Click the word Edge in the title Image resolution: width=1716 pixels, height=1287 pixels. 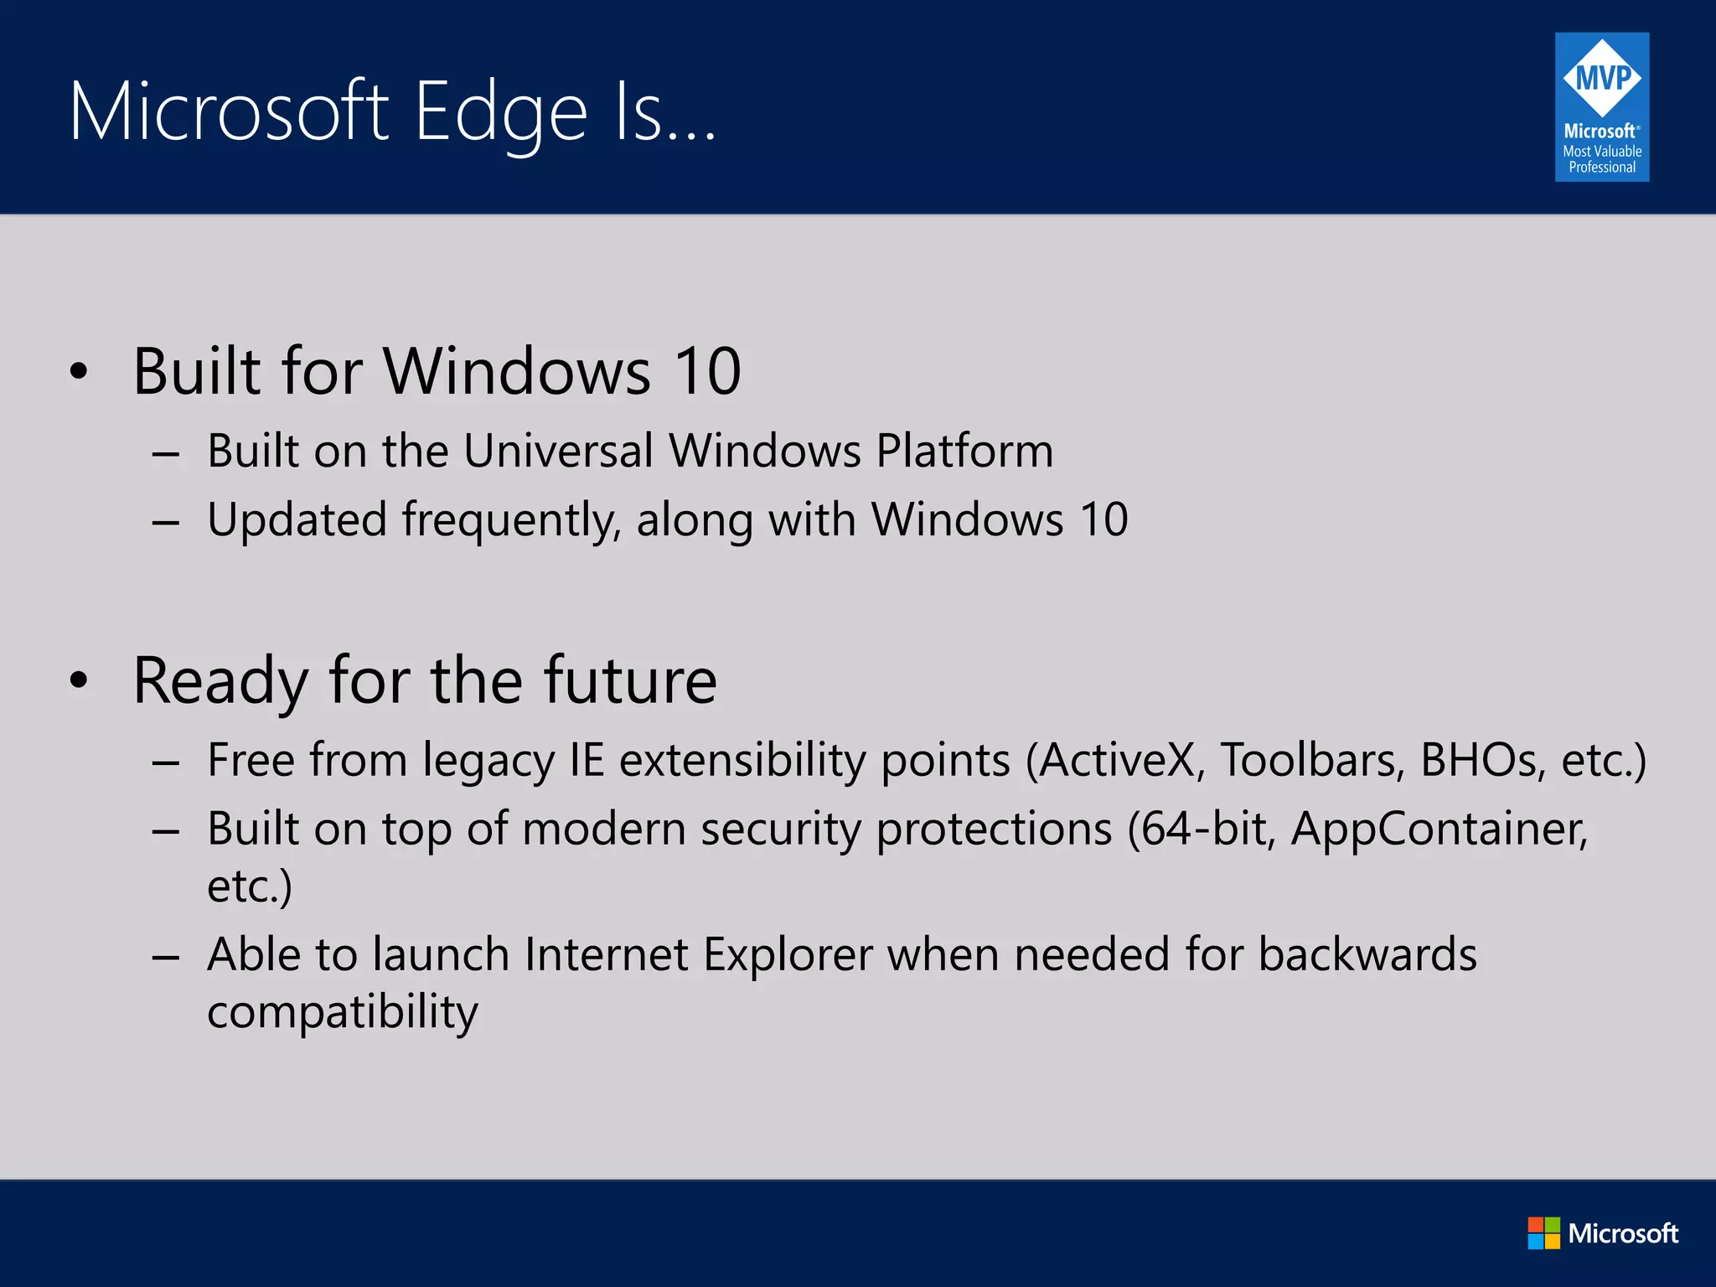500,112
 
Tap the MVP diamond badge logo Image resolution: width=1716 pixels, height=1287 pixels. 1602,78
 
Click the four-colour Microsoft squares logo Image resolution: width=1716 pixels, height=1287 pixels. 1543,1233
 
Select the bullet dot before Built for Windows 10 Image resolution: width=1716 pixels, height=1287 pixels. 79,371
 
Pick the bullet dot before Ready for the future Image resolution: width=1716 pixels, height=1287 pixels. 79,680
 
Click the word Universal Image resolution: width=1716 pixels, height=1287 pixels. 558,451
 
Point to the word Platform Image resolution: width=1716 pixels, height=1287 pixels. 964,451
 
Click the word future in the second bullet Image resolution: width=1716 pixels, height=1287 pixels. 630,680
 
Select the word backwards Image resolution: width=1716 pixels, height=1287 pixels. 1367,954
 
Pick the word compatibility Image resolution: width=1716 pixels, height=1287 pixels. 343,1012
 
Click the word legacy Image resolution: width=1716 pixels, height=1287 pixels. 488,762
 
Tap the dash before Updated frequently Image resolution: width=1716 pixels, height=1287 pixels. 166,522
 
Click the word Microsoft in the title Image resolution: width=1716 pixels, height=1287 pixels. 229,112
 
